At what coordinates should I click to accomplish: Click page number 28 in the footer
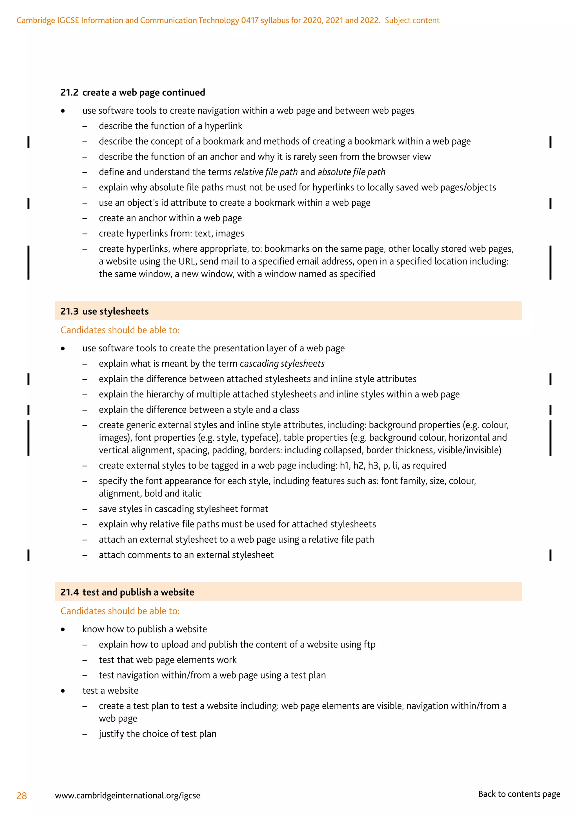(22, 795)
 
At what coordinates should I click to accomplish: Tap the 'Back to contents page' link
(519, 794)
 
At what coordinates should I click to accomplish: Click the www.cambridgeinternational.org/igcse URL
(128, 795)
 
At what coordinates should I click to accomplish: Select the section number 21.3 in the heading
(69, 311)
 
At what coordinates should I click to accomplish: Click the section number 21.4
(69, 592)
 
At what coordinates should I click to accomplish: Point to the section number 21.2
(69, 92)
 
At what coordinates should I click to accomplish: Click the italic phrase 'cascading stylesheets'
(282, 363)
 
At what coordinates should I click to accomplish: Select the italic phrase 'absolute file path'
(351, 172)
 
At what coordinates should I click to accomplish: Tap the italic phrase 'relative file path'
(265, 172)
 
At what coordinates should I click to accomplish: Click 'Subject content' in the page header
(412, 20)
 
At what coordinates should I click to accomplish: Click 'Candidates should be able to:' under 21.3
(120, 330)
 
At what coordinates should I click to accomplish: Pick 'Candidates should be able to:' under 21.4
(120, 611)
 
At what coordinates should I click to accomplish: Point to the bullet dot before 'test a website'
(63, 691)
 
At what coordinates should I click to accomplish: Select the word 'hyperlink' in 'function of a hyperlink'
(223, 126)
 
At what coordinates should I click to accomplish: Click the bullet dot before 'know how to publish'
(63, 629)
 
